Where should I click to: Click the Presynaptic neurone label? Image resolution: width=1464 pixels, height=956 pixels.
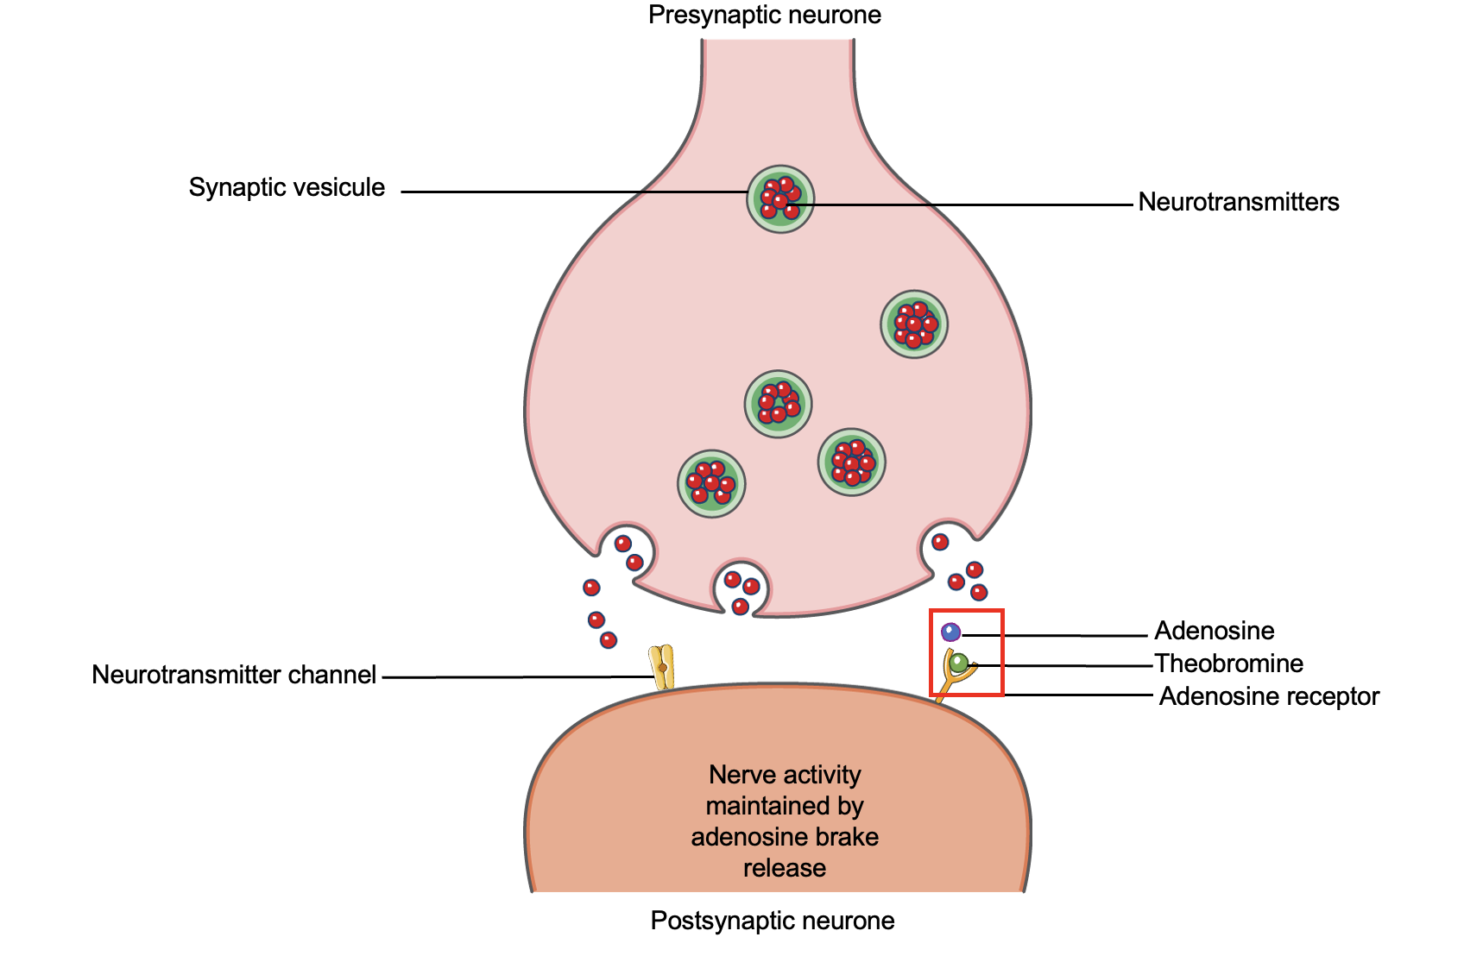coord(765,16)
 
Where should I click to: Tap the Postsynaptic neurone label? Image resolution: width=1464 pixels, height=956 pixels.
coord(772,921)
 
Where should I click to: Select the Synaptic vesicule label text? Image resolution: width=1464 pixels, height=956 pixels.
coord(287,187)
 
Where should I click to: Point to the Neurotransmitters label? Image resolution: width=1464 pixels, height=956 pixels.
coord(1238,202)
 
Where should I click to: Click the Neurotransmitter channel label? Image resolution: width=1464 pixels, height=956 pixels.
coord(234,675)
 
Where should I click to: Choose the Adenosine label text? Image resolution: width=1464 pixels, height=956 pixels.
coord(1214,631)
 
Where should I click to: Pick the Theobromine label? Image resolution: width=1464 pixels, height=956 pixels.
coord(1228,664)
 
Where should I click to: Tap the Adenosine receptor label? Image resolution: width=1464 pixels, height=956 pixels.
coord(1268,696)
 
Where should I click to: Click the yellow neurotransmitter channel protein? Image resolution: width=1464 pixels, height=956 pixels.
coord(662,668)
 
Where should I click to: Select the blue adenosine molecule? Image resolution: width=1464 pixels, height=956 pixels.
coord(950,632)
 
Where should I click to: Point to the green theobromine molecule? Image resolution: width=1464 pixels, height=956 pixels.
coord(958,664)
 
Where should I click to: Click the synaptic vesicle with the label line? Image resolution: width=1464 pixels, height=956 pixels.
coord(780,199)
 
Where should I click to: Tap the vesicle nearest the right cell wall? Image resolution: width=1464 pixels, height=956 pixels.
coord(914,324)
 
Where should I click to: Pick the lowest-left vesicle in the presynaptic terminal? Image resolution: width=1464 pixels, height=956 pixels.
coord(711,484)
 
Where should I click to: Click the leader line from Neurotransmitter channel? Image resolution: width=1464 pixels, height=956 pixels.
coord(518,677)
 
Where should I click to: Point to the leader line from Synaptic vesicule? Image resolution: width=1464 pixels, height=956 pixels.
coord(570,192)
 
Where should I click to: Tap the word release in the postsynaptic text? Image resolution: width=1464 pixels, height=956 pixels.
coord(785,868)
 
